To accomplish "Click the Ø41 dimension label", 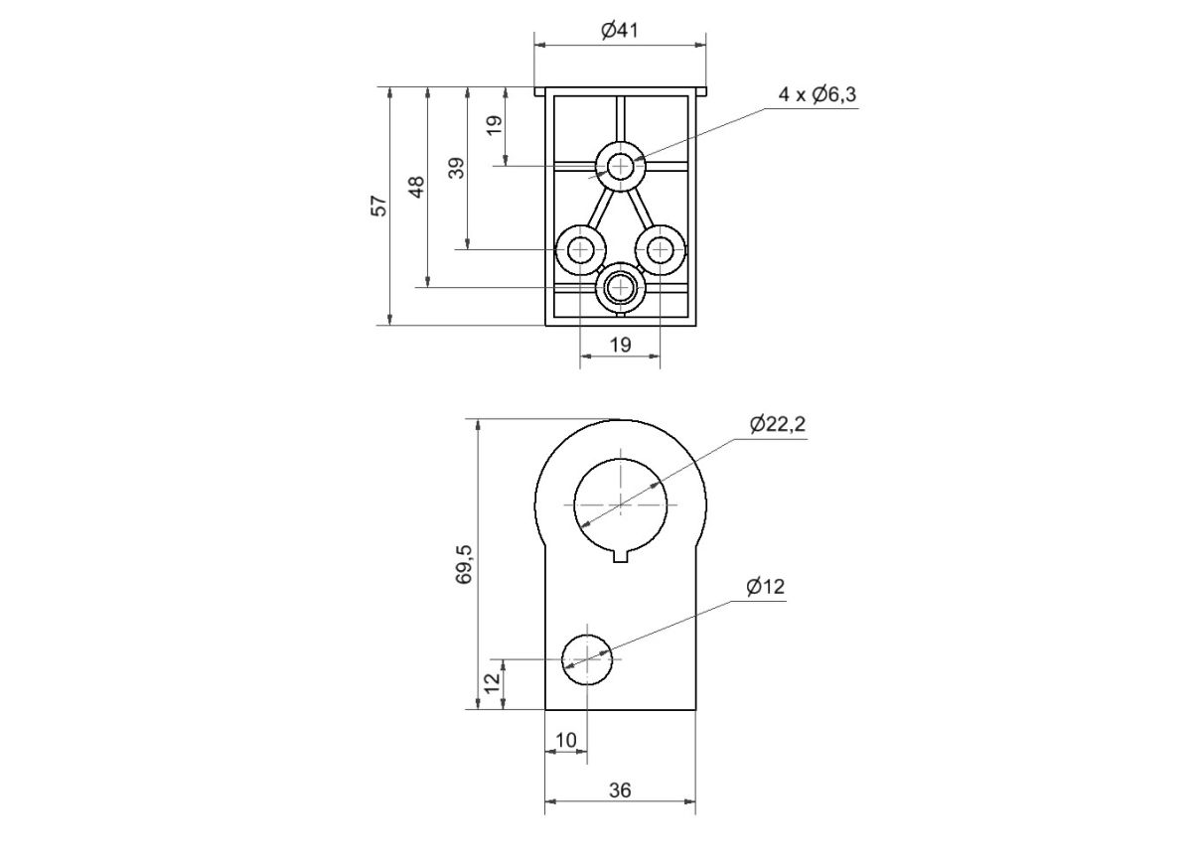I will point(619,31).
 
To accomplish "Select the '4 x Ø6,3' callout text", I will point(818,94).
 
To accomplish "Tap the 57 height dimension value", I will point(378,206).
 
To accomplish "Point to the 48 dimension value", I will point(417,187).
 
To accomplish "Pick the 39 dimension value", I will point(456,167).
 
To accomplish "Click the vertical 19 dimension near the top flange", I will point(495,126).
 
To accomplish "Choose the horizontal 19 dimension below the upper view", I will point(619,345).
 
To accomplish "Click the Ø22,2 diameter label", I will point(778,424).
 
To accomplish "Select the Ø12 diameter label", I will point(765,587).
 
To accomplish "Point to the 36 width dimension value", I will point(619,790).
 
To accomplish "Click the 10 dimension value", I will point(565,740).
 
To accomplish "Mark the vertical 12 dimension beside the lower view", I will point(492,684).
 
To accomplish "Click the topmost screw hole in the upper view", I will point(621,166).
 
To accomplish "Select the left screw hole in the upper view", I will point(580,248).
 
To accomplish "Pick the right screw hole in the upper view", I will point(661,248).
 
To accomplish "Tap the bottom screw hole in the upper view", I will point(621,287).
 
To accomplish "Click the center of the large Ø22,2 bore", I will point(621,503).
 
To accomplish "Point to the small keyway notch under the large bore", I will point(621,555).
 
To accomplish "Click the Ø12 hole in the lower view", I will point(587,658).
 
